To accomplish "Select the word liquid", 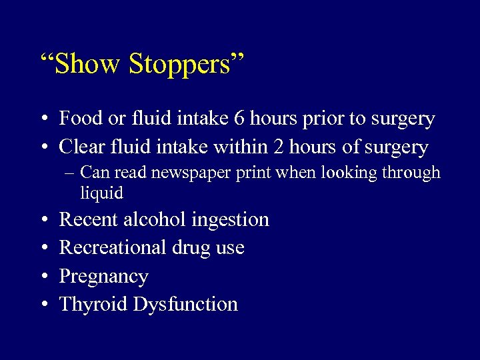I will tap(101, 193).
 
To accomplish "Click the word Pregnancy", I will tap(104, 277).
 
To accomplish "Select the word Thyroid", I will tap(93, 305).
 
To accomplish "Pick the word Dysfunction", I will tap(185, 305).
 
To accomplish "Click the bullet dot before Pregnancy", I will tap(43, 277).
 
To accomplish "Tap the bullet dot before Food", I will tap(43, 119).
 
